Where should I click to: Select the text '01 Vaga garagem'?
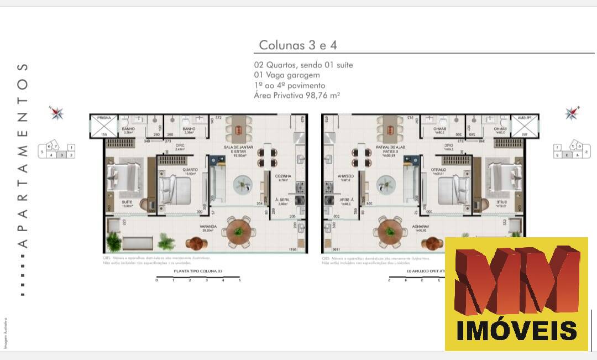[x=287, y=75]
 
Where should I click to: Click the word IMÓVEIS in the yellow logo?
[x=516, y=330]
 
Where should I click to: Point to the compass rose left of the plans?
[x=57, y=113]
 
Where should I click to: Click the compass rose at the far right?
[x=572, y=113]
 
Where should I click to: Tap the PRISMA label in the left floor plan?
[x=103, y=118]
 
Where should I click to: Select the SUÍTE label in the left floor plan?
[x=127, y=202]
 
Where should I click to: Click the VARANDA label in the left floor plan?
[x=208, y=226]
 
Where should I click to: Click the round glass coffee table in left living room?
[x=244, y=184]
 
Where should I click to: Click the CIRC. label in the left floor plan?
[x=180, y=147]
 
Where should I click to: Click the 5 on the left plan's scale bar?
[x=239, y=281]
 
